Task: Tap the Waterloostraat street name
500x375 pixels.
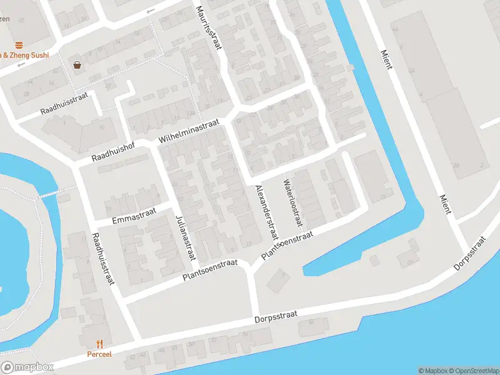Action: pyautogui.click(x=292, y=203)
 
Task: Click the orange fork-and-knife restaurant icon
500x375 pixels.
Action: pyautogui.click(x=99, y=343)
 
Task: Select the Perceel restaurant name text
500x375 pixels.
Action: pyautogui.click(x=99, y=354)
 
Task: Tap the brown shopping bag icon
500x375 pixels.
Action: pyautogui.click(x=77, y=64)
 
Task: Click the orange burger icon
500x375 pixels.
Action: pyautogui.click(x=19, y=44)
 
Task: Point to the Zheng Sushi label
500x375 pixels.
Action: pyautogui.click(x=28, y=55)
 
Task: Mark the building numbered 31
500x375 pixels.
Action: pyautogui.click(x=410, y=261)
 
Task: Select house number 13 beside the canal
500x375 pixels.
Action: pyautogui.click(x=382, y=197)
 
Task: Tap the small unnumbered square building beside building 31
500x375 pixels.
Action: pyautogui.click(x=374, y=259)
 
